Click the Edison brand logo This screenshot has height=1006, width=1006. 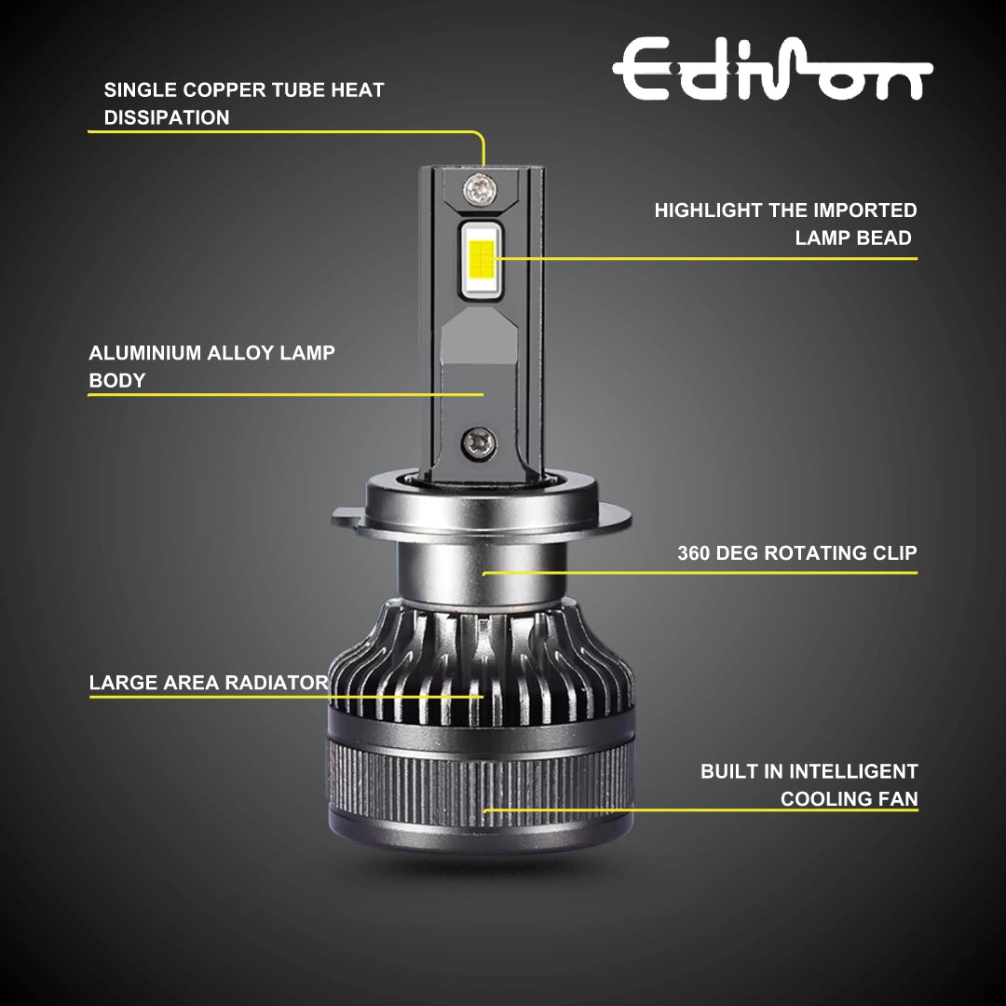coord(771,71)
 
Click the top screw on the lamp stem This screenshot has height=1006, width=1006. coord(481,189)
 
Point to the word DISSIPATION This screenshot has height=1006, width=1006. coord(166,117)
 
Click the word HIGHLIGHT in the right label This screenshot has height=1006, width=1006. coord(708,211)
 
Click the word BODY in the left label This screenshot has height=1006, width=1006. coord(116,380)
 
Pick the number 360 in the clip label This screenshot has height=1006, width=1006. coord(695,553)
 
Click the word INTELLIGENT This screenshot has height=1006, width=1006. coord(853,771)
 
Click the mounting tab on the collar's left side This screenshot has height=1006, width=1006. coord(347,514)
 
